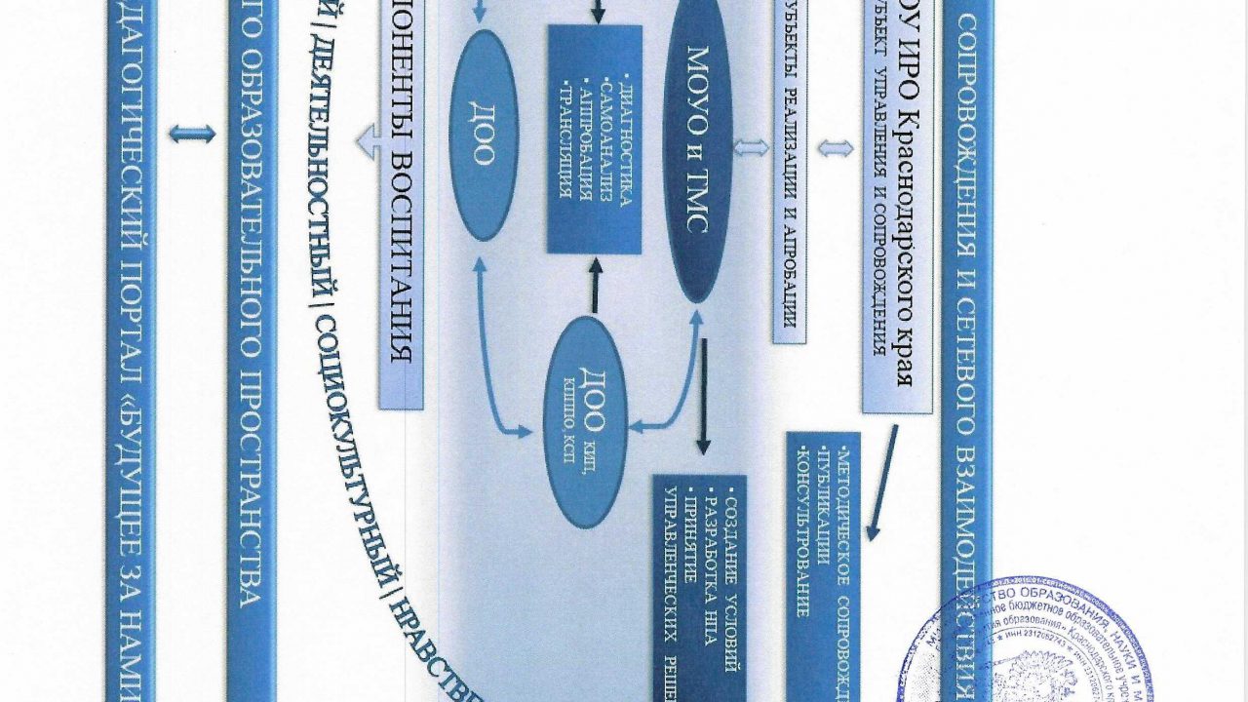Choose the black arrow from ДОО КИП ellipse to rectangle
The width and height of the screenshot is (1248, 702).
click(593, 284)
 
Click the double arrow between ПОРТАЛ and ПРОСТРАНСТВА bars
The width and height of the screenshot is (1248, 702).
click(191, 134)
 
